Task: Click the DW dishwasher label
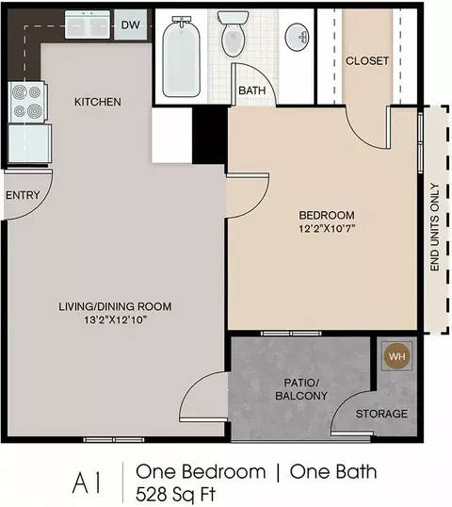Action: [x=131, y=25]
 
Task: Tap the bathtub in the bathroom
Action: [x=181, y=57]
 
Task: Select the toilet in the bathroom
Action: [x=233, y=34]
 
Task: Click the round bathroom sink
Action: [x=297, y=37]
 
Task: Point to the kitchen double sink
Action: [x=88, y=25]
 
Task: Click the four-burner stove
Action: [x=27, y=102]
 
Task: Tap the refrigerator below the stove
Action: [x=29, y=143]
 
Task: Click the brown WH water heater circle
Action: [x=396, y=356]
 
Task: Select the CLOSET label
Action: [x=367, y=61]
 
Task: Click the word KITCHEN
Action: [x=98, y=102]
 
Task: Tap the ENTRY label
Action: [x=23, y=195]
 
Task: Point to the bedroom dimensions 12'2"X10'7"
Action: [x=327, y=229]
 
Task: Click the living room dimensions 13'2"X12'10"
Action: [x=115, y=319]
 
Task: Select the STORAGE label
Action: [x=381, y=414]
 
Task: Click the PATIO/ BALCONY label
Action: [x=301, y=389]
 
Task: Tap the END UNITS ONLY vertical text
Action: [x=435, y=227]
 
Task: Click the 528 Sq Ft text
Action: [x=175, y=495]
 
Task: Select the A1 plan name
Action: [x=88, y=483]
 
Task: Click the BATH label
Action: [x=252, y=90]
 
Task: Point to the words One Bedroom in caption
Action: [x=201, y=472]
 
